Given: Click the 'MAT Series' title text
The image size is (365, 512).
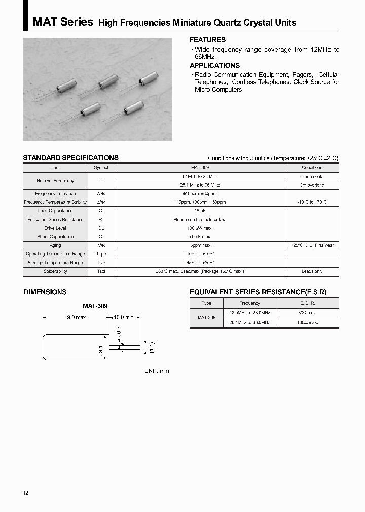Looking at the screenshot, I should pyautogui.click(x=63, y=22).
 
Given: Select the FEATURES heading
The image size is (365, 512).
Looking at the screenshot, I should pyautogui.click(x=207, y=40).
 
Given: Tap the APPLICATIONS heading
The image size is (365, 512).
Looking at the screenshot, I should pyautogui.click(x=214, y=65).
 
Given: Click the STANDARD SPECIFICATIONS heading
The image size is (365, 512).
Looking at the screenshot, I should pyautogui.click(x=70, y=158).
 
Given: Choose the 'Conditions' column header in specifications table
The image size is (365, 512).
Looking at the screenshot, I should pyautogui.click(x=312, y=167).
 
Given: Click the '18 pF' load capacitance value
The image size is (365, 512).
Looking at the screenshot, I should pyautogui.click(x=200, y=211).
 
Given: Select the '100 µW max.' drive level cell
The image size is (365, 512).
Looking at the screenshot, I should pyautogui.click(x=200, y=228).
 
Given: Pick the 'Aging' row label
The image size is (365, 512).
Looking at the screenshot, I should pyautogui.click(x=55, y=245).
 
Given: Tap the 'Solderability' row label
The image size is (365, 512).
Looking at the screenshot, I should pyautogui.click(x=55, y=271).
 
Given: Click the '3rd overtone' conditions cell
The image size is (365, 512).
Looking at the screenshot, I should pyautogui.click(x=312, y=185).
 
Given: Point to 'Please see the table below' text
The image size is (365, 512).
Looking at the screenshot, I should pyautogui.click(x=200, y=220).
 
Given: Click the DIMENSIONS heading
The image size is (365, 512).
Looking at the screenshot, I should pyautogui.click(x=45, y=292).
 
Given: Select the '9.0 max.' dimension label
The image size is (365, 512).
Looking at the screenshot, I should pyautogui.click(x=77, y=317).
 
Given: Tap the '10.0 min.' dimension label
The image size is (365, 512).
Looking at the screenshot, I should pyautogui.click(x=123, y=317).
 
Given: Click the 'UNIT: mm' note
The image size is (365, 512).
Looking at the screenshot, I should pyautogui.click(x=157, y=371).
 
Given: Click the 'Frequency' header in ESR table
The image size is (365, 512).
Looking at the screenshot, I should pyautogui.click(x=249, y=303).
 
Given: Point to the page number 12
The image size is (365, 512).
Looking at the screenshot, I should pyautogui.click(x=26, y=493).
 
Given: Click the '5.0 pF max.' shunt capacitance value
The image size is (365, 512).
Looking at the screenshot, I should pyautogui.click(x=200, y=237).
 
